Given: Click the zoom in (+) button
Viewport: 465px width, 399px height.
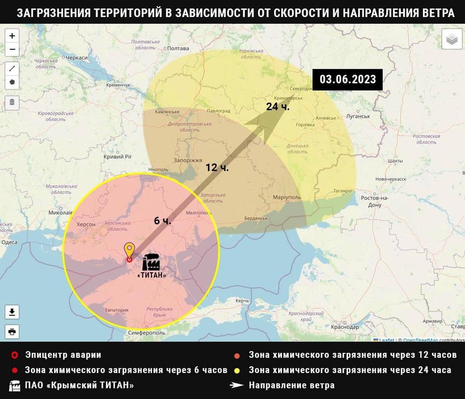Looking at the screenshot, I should [x=12, y=36].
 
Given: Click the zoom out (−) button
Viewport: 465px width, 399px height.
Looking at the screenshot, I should [x=12, y=49].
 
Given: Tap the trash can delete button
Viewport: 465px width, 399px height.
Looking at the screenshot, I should [x=12, y=102].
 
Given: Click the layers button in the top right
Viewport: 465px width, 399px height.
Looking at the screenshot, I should [x=452, y=39].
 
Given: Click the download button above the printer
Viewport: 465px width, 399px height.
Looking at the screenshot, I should [x=12, y=312].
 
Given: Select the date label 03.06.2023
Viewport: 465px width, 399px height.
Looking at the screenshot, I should [x=347, y=79].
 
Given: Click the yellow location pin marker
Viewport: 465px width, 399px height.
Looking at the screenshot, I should [x=129, y=251].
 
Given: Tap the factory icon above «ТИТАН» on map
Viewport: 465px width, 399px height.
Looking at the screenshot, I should [x=151, y=262].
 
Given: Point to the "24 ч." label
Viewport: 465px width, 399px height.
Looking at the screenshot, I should [x=278, y=107].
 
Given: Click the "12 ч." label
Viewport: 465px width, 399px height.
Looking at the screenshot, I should [x=217, y=167].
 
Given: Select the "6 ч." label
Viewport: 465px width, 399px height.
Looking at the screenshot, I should [x=162, y=220].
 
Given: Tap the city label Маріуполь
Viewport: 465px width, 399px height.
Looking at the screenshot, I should [x=286, y=197].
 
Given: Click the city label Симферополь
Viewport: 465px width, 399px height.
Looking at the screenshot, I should [x=147, y=332].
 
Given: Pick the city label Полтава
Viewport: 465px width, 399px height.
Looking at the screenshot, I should [x=178, y=48].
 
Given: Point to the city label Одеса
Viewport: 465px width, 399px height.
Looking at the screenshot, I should [x=9, y=242].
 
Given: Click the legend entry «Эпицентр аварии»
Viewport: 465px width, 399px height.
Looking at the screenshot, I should [x=63, y=355].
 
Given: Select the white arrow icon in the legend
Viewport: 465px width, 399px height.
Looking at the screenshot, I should [x=237, y=385].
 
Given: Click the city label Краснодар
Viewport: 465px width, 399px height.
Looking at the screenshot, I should [x=345, y=327].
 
